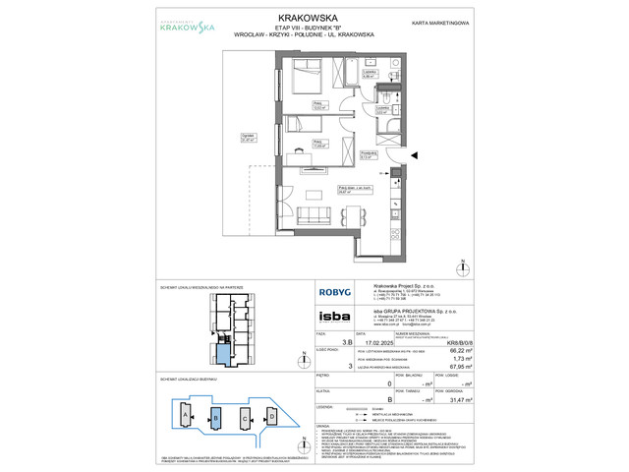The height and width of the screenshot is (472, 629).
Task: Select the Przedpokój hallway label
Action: (368, 152)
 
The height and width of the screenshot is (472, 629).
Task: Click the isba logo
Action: (330, 317)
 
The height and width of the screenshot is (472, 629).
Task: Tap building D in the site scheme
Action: (272, 415)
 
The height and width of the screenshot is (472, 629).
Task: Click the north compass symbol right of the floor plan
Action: (464, 265)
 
